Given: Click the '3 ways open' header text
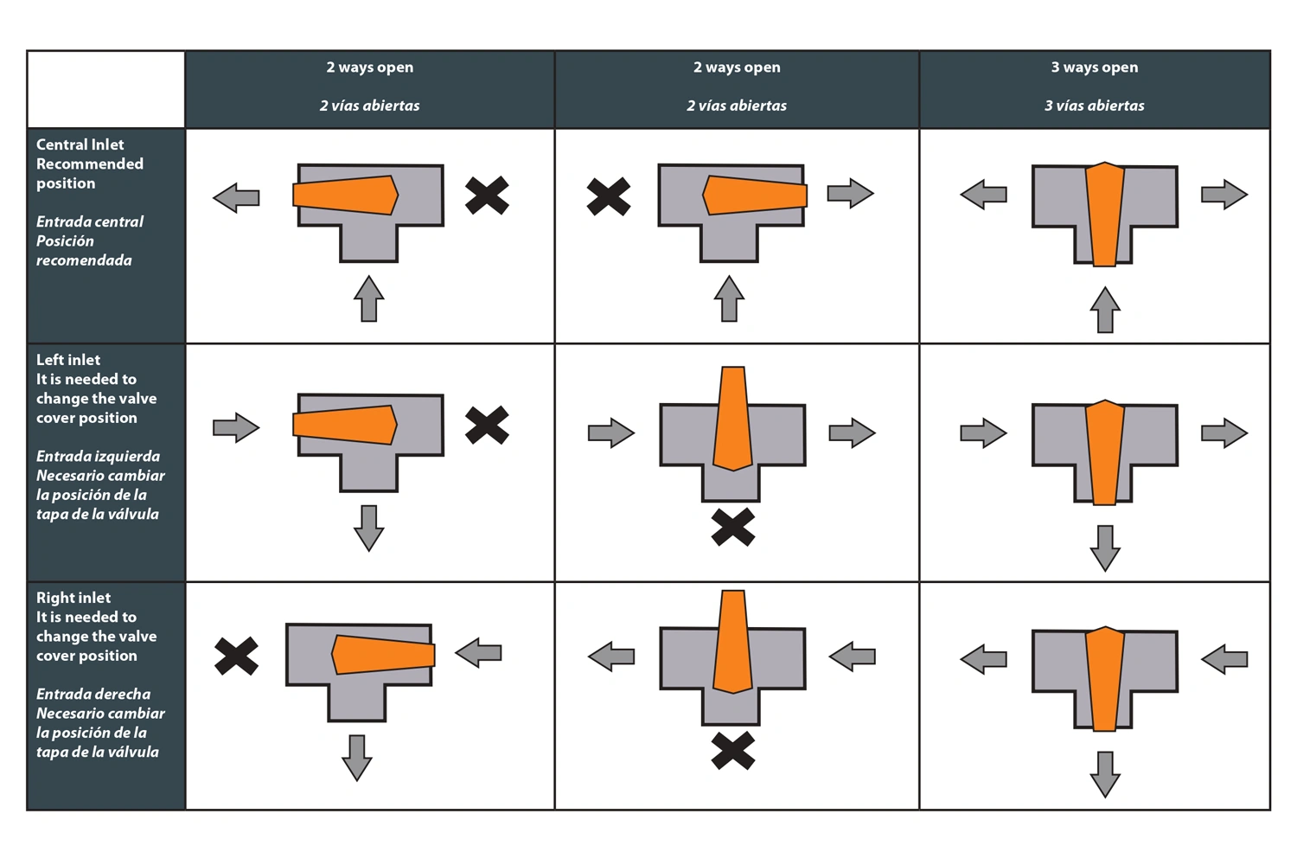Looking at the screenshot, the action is pos(1095,67).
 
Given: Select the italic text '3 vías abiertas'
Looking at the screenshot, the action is pos(1095,106).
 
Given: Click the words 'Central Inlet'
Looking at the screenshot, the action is pos(80,144).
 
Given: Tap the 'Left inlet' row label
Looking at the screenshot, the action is pos(68,360).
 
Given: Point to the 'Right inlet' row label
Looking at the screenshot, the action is pos(73,598).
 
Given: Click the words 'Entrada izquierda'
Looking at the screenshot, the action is pos(98,457).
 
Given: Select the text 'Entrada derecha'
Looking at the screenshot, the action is pos(93,694).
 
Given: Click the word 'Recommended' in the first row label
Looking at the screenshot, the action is pos(90,164).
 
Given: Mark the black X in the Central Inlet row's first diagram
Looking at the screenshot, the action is pos(487,195).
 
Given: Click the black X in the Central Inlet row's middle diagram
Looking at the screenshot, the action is pos(609,196).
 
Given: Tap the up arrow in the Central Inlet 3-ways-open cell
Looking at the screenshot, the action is pos(1105,310).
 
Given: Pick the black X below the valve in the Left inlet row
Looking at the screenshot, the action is pos(733,528).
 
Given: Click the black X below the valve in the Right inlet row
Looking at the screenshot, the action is pos(733,751).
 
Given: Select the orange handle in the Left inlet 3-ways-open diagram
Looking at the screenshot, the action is pos(1105,452).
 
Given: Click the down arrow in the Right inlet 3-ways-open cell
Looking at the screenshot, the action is pos(1105,775).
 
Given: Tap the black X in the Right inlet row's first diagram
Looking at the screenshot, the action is pos(236,657).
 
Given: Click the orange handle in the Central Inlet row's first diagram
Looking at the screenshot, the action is pos(346,195).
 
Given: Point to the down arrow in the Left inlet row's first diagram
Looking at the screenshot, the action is pos(369,529).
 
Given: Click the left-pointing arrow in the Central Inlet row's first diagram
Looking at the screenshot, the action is pos(236,197).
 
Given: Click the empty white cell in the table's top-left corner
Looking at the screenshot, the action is pos(106,89).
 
